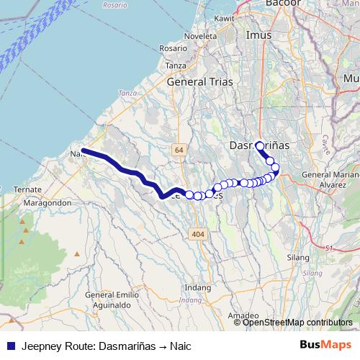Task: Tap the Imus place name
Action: (258, 35)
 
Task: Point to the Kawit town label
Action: (225, 18)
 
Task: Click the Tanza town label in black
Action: (176, 65)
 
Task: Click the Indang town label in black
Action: (199, 287)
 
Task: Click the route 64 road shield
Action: (179, 149)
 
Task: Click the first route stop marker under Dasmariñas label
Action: (259, 145)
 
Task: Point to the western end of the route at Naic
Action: (84, 150)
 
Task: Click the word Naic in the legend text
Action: (180, 345)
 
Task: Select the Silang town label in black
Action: (298, 257)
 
